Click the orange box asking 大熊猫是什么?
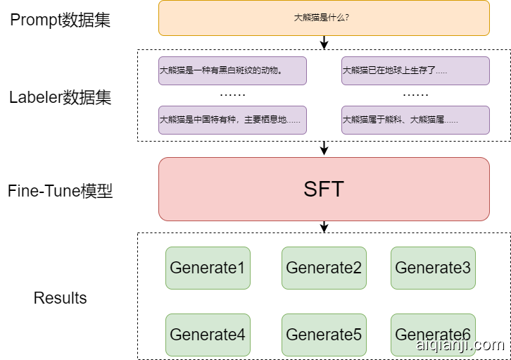tap(324, 18)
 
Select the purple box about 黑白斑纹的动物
tap(232, 70)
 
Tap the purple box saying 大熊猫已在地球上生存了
tap(415, 70)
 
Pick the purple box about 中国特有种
tap(232, 120)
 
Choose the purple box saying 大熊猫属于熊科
tap(415, 120)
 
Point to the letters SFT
tap(324, 190)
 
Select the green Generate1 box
tap(208, 268)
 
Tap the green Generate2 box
tap(324, 268)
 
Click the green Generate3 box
tap(433, 268)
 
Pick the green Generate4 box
tap(208, 335)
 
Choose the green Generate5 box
tap(324, 335)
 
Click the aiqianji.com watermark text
tap(460, 345)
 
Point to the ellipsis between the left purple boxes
tap(232, 94)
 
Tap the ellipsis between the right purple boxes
tap(415, 94)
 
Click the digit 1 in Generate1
tap(241, 268)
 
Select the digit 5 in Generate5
tap(357, 335)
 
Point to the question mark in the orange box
tap(347, 18)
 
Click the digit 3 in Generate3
tap(466, 268)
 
